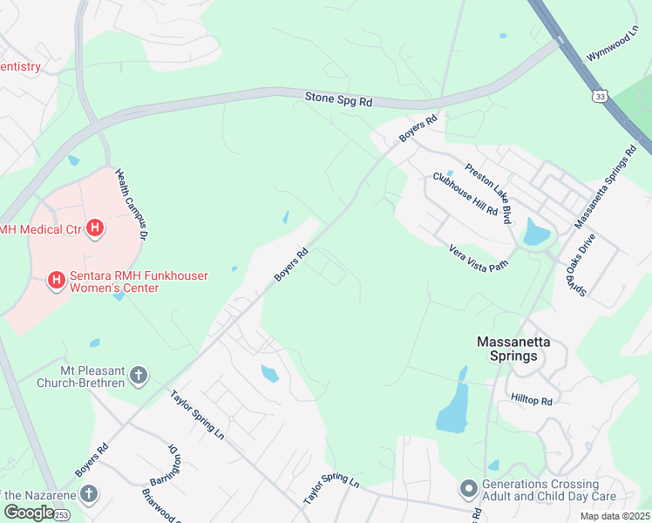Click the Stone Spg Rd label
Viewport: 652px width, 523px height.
(x=338, y=101)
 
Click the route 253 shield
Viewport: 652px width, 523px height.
(x=61, y=514)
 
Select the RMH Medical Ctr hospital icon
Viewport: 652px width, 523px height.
(x=96, y=229)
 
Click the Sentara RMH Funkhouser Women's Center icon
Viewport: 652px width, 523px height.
(x=57, y=280)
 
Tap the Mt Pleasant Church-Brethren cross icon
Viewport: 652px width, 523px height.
(x=138, y=377)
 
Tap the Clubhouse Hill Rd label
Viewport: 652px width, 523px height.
(x=465, y=194)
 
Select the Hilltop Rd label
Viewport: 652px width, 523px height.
(x=532, y=401)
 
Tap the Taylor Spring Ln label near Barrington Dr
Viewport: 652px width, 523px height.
(x=197, y=414)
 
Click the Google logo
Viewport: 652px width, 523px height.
(x=29, y=513)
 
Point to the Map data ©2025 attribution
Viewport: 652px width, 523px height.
(x=614, y=516)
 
